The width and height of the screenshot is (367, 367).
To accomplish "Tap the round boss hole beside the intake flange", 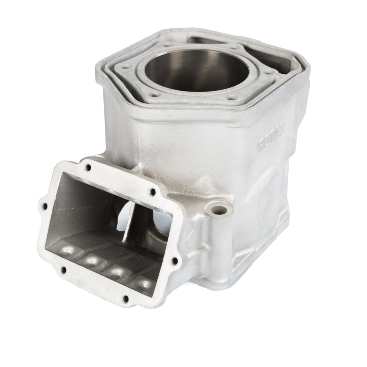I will pos(219,210).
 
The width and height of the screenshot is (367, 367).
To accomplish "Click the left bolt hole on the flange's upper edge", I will pos(88,167).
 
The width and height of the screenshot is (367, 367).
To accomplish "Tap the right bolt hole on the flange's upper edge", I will pos(153,192).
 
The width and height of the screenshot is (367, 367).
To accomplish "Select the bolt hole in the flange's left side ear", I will pos(45,206).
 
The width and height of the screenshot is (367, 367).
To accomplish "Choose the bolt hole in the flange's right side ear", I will pos(174,261).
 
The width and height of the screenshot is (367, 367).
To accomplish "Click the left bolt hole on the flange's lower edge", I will pos(64,270).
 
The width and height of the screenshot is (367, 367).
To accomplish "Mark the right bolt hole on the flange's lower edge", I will pos(126,299).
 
